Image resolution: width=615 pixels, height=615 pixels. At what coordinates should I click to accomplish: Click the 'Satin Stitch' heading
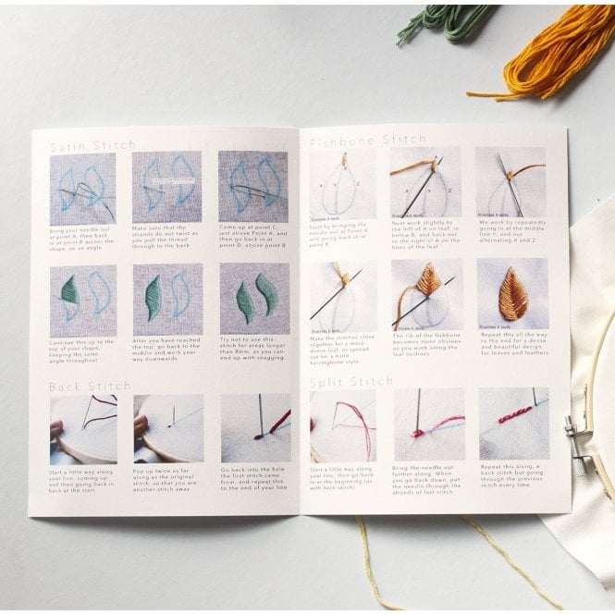point(92,145)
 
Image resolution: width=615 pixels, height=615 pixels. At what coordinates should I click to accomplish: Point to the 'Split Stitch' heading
point(352,380)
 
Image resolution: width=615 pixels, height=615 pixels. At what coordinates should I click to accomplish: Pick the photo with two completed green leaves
point(253,299)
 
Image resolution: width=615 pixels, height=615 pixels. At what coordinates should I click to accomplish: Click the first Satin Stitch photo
point(83,188)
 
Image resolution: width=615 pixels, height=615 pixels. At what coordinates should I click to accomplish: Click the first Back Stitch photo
point(83,429)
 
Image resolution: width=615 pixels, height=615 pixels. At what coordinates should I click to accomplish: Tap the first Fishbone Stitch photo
point(343,182)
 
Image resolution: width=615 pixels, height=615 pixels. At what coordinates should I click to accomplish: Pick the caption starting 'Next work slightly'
point(425,236)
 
